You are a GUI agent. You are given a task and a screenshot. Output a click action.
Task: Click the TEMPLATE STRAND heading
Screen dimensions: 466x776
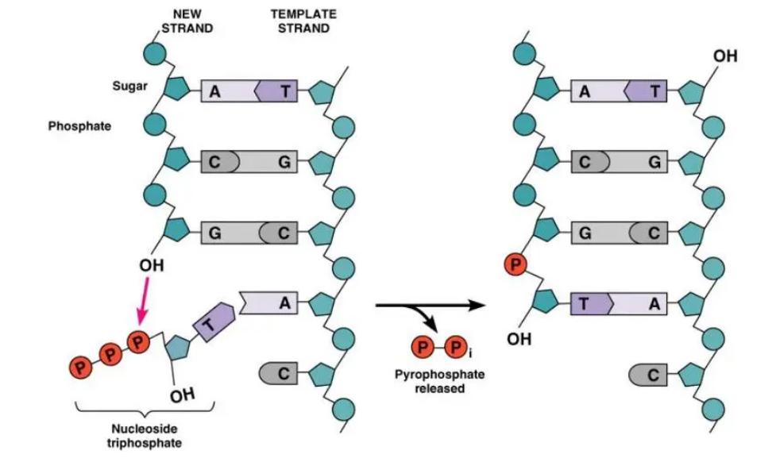pos(303,21)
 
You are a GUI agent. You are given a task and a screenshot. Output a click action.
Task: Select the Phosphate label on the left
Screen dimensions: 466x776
pos(79,126)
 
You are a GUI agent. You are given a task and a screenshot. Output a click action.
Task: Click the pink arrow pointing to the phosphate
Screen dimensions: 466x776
pos(144,301)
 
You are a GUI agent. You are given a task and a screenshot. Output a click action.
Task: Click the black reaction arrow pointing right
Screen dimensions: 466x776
pos(429,305)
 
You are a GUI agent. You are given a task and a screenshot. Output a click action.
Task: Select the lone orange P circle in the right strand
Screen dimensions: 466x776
pos(515,264)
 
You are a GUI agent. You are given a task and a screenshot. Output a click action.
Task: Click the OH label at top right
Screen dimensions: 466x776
pos(724,56)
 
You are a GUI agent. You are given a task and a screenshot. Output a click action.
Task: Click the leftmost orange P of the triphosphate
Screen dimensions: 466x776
pos(80,367)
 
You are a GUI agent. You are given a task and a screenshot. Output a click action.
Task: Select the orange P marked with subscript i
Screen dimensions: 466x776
pos(454,348)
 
